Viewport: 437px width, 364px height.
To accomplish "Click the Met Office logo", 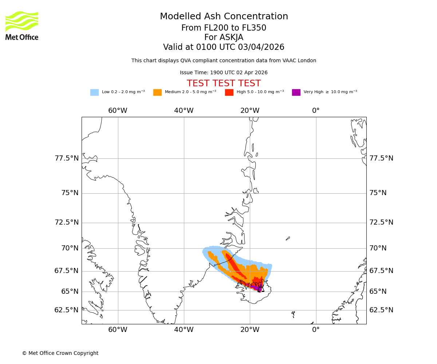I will point(22,25).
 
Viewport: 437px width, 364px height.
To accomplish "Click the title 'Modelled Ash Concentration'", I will point(224,17).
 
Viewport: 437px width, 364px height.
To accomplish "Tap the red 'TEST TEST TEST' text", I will point(224,84).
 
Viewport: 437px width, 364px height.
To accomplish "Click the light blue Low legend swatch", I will point(94,92).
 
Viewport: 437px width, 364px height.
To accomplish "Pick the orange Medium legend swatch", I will point(157,92).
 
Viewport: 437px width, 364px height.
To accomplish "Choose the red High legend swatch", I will point(229,92).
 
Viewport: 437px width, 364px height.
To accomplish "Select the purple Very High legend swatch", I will point(296,92).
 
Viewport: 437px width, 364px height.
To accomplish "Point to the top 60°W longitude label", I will point(118,111).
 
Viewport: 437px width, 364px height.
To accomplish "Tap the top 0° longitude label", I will point(316,111).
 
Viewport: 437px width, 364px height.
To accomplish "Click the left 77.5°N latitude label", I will point(67,158).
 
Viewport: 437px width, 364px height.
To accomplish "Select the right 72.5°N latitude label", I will point(381,222).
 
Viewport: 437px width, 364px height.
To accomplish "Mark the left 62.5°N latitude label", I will point(67,310).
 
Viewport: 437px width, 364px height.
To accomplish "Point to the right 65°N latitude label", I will point(378,292).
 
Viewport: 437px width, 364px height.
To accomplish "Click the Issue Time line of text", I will point(224,73).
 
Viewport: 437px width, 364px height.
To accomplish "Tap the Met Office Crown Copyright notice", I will point(60,353).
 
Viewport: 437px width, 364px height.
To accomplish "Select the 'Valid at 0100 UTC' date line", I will point(224,47).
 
